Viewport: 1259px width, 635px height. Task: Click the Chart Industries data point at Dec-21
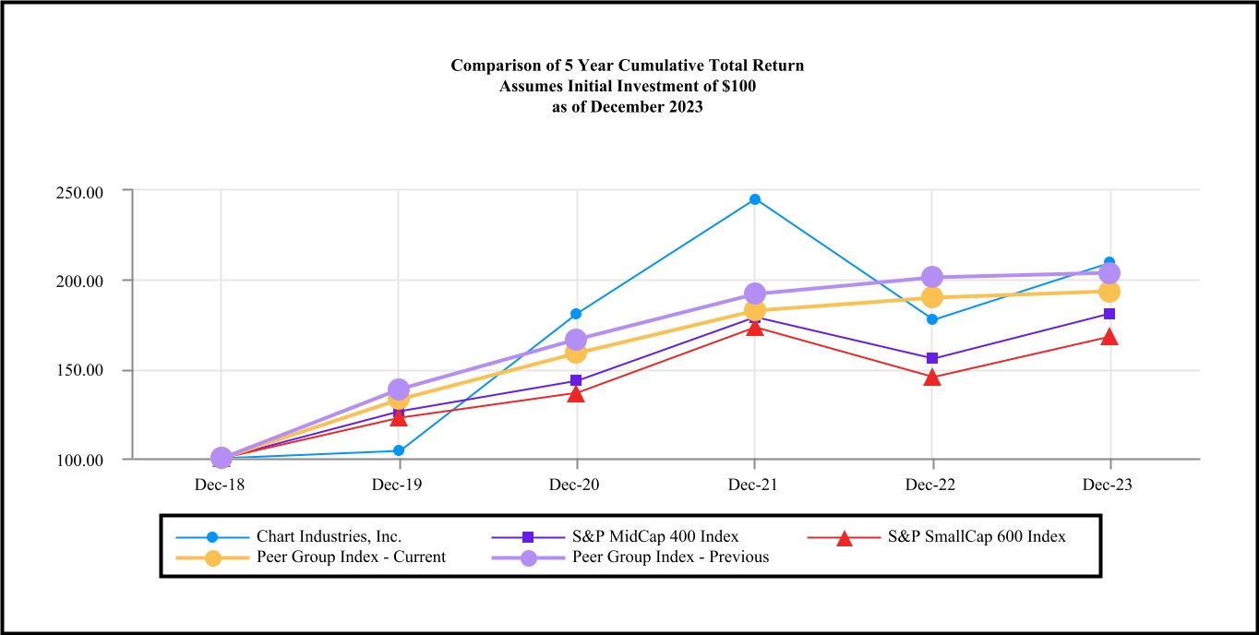755,199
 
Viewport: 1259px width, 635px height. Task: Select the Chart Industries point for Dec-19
399,450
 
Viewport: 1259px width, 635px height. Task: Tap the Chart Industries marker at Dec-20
577,314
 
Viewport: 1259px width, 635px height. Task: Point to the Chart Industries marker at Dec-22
932,319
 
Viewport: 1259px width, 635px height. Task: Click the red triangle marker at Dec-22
932,377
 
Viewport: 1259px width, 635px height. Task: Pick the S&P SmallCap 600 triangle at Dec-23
1109,337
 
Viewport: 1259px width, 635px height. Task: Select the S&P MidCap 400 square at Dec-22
932,358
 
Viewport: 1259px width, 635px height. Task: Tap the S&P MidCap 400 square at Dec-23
1109,314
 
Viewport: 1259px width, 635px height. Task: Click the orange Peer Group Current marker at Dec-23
1109,292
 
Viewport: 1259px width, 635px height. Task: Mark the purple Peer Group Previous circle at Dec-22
932,277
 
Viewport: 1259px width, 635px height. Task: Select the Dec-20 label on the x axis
577,485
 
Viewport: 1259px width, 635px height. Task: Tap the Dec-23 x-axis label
1109,485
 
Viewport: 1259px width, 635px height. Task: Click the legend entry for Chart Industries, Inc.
329,536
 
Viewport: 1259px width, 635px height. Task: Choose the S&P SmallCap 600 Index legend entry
977,536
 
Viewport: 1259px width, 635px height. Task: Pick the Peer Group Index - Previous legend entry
670,557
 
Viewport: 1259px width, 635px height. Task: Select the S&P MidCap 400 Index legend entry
655,536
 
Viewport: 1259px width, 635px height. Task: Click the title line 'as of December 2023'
628,106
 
